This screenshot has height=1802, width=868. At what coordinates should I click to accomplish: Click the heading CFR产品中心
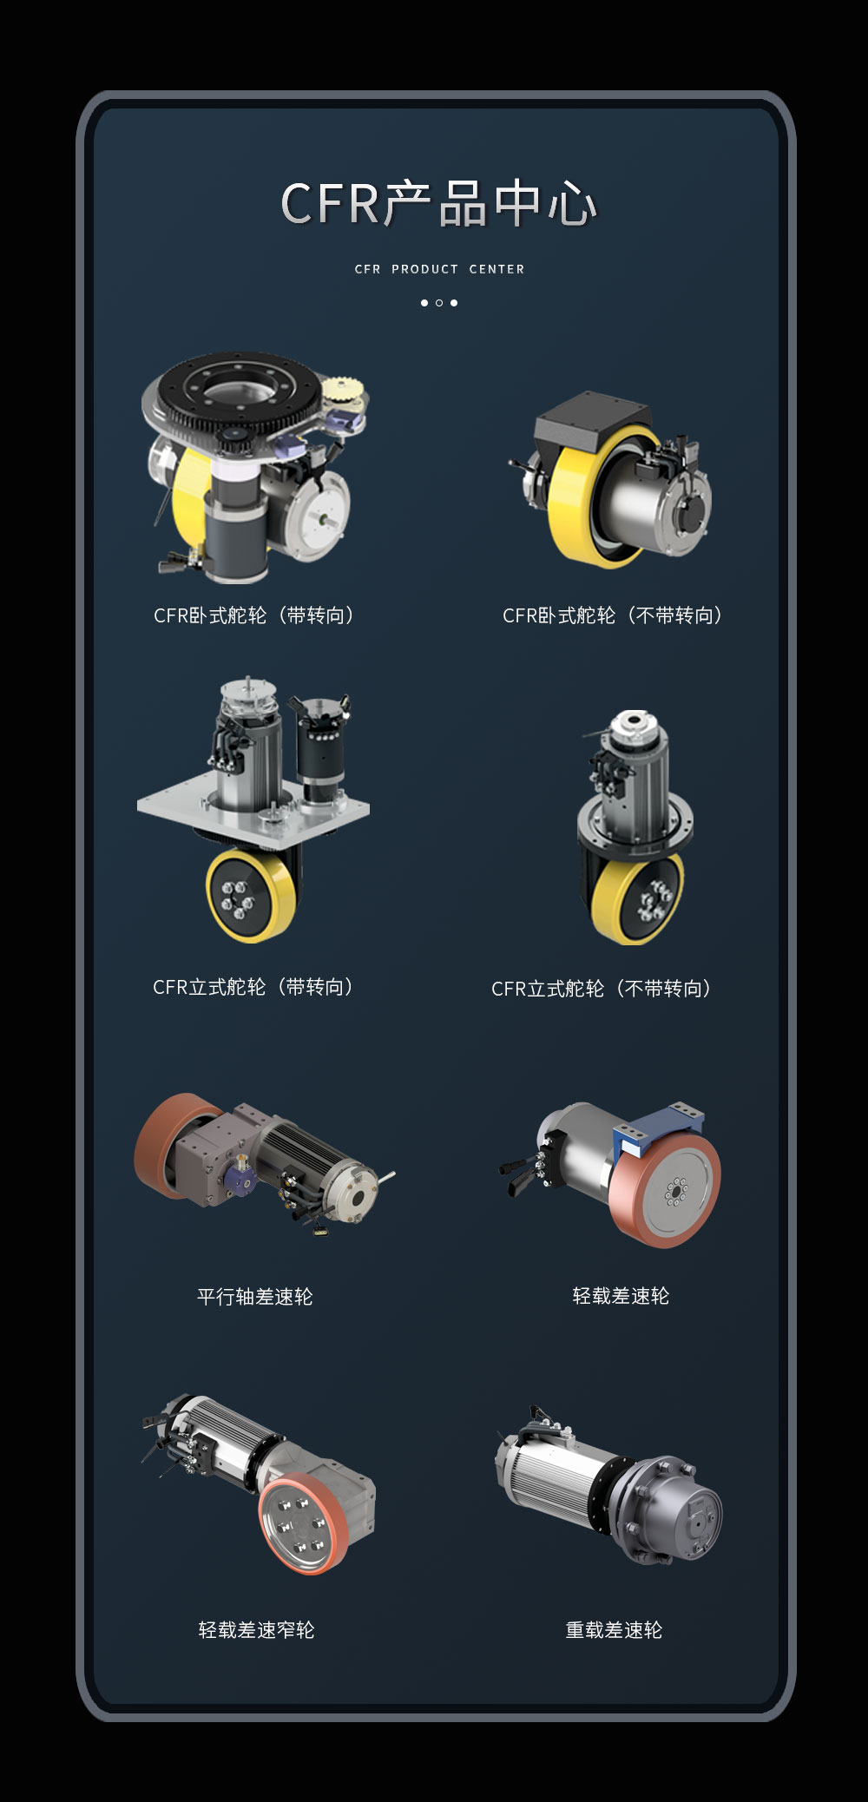(439, 204)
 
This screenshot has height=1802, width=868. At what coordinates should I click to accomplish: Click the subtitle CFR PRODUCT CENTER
(439, 269)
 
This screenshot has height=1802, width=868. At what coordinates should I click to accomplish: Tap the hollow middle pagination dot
(439, 303)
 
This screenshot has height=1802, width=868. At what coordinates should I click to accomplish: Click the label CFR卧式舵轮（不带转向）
(614, 615)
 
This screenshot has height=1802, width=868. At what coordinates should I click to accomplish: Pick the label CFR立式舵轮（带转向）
(254, 987)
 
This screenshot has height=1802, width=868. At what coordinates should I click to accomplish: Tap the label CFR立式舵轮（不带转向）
(603, 989)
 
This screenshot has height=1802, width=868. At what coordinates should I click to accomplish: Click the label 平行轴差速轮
(254, 1297)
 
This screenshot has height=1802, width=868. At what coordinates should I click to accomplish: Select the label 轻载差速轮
(621, 1296)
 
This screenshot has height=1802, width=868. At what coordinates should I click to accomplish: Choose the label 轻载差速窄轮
(256, 1630)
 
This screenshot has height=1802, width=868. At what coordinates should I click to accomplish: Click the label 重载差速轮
(614, 1630)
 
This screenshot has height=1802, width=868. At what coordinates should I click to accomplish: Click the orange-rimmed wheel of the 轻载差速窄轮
(299, 1522)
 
